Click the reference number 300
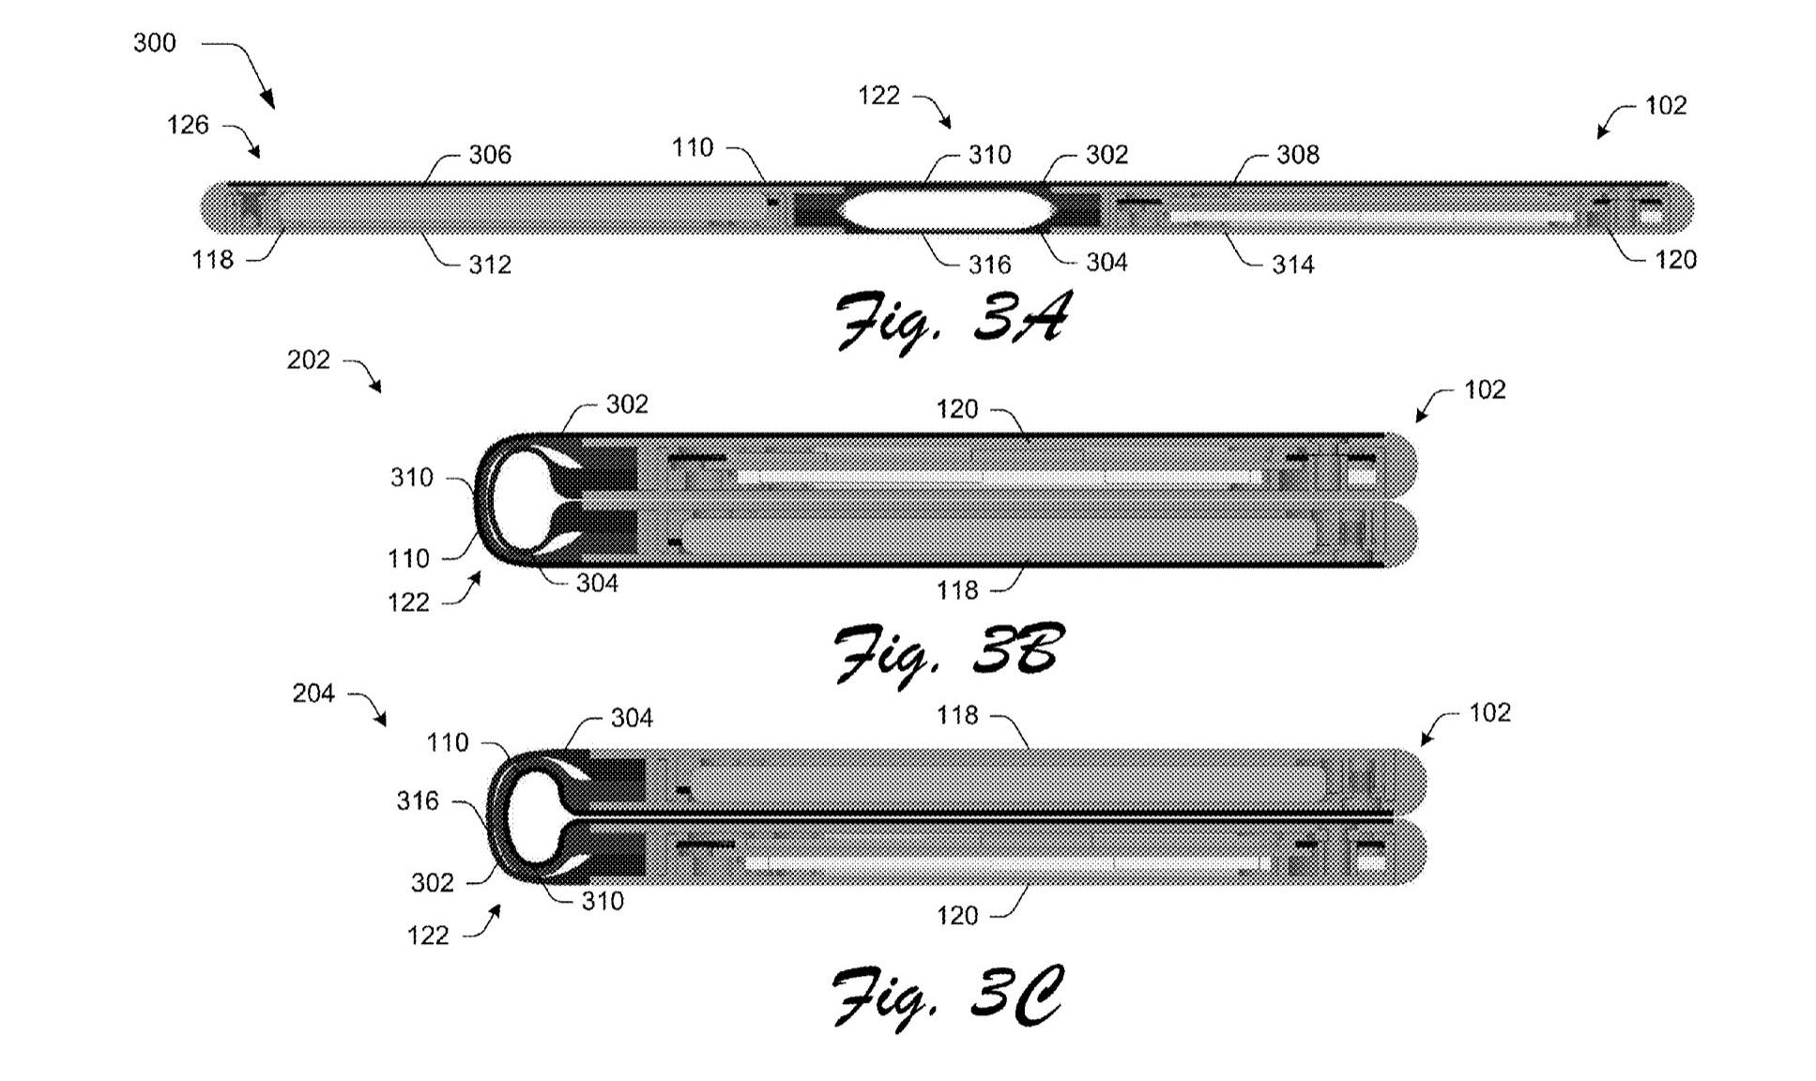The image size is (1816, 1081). point(155,43)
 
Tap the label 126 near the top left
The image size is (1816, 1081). point(188,126)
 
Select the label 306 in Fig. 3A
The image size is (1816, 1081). point(490,155)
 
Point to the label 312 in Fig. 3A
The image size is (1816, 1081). point(490,266)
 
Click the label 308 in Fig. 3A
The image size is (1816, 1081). point(1298,155)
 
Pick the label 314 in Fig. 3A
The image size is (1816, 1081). point(1293,266)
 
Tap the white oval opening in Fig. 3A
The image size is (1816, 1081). point(945,210)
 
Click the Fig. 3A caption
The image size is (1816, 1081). point(952,321)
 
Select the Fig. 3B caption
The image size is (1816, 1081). point(948,652)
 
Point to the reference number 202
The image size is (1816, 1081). point(309,360)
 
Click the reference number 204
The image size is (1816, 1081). point(313,693)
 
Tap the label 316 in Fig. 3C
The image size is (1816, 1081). point(418,801)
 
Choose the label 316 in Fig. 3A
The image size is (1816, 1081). point(990,266)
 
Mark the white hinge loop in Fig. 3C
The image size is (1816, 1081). point(530,816)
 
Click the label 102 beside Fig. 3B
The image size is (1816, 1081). point(1485,390)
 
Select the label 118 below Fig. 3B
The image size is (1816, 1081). point(957,590)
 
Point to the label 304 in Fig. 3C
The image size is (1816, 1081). point(632,719)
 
